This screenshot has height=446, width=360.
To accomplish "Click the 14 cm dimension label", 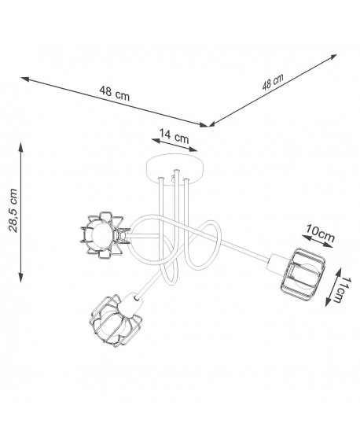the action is (x=174, y=136).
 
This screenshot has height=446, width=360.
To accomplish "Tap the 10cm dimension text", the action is (x=320, y=234).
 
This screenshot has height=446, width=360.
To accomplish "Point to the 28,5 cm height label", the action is (x=13, y=210).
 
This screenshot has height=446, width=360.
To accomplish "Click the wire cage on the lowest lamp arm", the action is (x=116, y=322).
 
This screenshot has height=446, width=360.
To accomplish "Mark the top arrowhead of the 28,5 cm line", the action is (x=20, y=146).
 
